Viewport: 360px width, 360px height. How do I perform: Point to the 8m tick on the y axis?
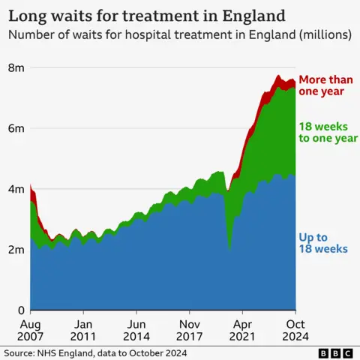coord(16,67)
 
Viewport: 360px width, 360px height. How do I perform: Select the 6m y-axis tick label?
coord(16,128)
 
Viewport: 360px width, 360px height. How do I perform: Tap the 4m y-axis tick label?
coord(16,189)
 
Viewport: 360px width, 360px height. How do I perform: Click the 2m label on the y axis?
coord(16,250)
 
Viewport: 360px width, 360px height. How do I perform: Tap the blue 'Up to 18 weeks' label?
coord(321,242)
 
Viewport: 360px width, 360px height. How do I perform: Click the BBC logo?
coord(334,352)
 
